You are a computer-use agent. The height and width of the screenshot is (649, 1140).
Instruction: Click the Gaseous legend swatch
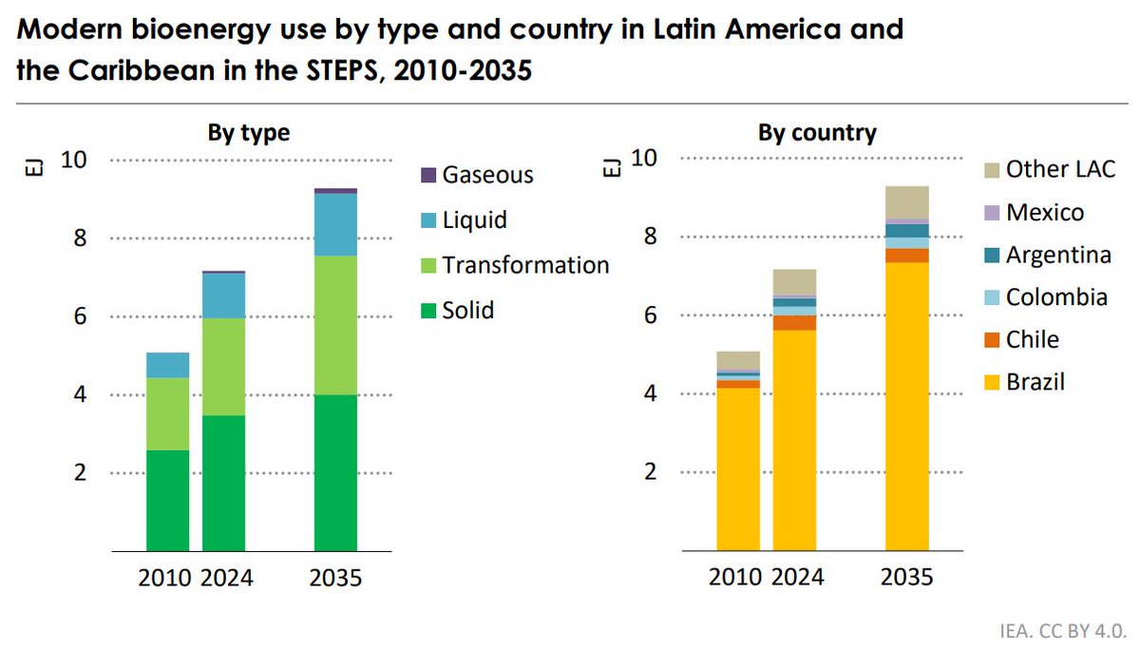pyautogui.click(x=427, y=176)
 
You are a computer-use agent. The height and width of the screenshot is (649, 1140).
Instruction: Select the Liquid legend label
pyautogui.click(x=474, y=220)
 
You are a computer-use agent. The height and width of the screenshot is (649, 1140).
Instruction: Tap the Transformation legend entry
pyautogui.click(x=525, y=265)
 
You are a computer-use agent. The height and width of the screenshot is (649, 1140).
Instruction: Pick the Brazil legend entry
pyautogui.click(x=1035, y=383)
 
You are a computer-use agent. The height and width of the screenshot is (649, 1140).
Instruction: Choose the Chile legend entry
pyautogui.click(x=1032, y=339)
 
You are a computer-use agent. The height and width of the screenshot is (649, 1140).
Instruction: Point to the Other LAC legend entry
pyautogui.click(x=1060, y=170)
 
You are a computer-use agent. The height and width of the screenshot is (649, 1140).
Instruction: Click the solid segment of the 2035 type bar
pyautogui.click(x=335, y=472)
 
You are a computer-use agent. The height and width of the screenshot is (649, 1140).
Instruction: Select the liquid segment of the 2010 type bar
pyautogui.click(x=167, y=365)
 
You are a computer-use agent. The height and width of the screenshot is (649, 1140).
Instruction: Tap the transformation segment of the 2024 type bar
pyautogui.click(x=223, y=367)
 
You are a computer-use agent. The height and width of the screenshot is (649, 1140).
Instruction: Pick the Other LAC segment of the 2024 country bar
pyautogui.click(x=794, y=282)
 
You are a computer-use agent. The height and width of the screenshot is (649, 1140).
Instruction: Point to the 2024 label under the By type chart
pyautogui.click(x=226, y=578)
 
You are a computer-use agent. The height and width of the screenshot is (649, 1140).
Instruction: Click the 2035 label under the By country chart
pyautogui.click(x=907, y=578)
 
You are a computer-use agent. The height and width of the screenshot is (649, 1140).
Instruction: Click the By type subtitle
pyautogui.click(x=249, y=133)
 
